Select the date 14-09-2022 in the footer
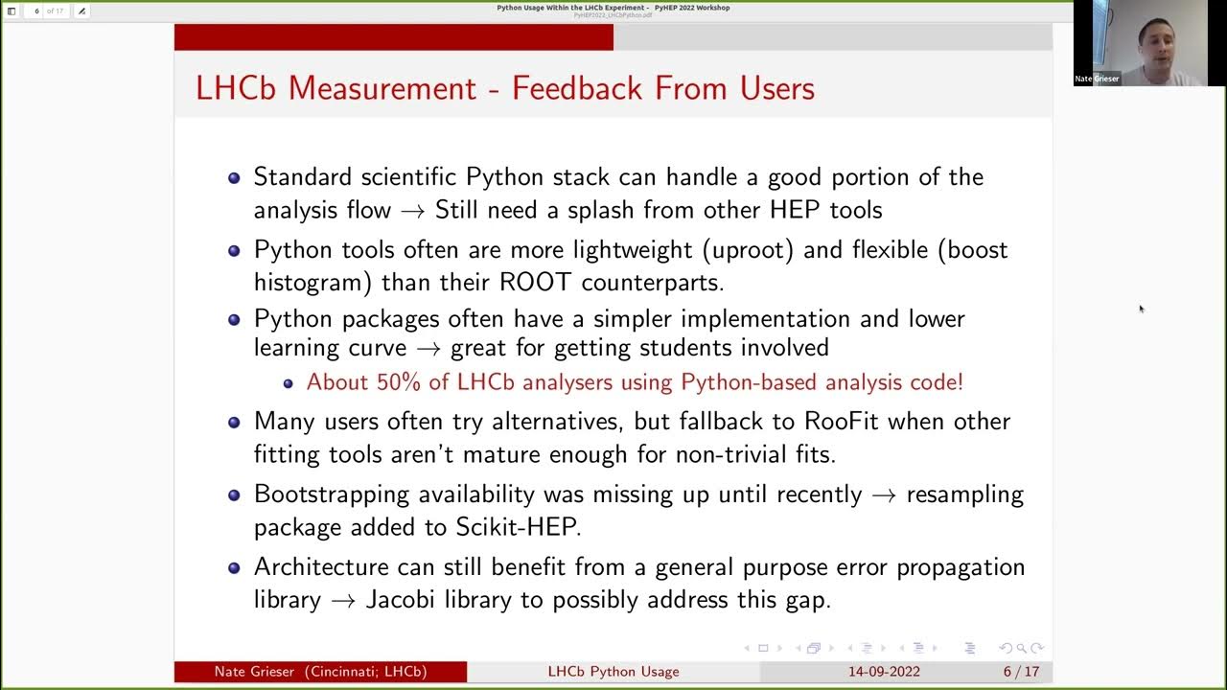(x=884, y=672)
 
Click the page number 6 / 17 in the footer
(x=1021, y=672)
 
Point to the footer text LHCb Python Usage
(x=613, y=672)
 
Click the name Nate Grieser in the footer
(x=256, y=672)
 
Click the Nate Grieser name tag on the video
(x=1098, y=79)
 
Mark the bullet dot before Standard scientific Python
(x=234, y=177)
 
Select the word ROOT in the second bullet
(x=537, y=283)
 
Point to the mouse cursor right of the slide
(x=1141, y=309)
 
